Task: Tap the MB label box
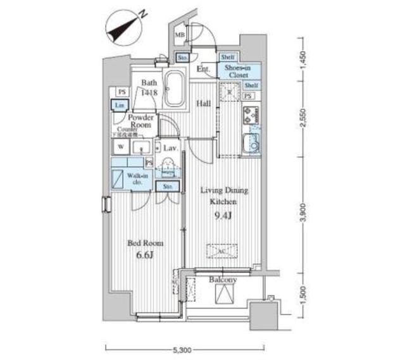click(x=180, y=36)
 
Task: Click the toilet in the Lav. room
click(x=170, y=168)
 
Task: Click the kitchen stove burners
click(x=249, y=116)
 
